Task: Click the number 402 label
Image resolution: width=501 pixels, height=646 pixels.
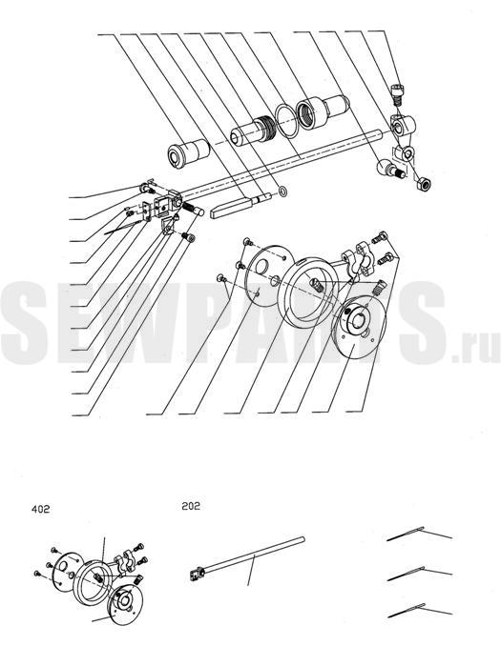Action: click(x=40, y=509)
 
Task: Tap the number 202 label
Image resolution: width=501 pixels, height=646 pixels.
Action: click(x=191, y=506)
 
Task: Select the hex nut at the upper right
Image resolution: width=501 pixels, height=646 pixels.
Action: click(x=424, y=183)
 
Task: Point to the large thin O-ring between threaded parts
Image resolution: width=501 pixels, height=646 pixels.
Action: click(x=287, y=119)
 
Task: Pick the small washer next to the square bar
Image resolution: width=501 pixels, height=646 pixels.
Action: click(x=282, y=192)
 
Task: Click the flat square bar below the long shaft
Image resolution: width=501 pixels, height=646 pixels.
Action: click(x=240, y=205)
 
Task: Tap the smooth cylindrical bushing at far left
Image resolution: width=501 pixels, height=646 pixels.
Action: click(x=188, y=151)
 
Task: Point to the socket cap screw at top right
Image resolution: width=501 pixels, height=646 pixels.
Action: click(x=397, y=93)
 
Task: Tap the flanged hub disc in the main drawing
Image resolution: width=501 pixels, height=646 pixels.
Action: click(x=359, y=325)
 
